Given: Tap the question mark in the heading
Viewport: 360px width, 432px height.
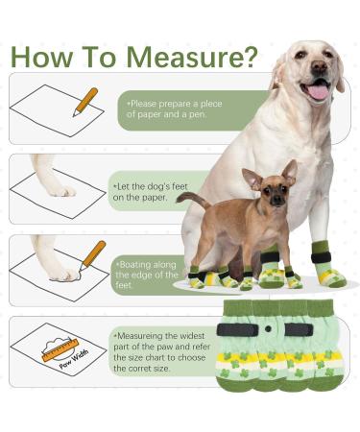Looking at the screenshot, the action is click(x=248, y=57).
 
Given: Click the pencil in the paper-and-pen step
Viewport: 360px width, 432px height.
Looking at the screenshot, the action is click(x=85, y=102).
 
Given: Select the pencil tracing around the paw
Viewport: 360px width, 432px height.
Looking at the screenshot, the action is click(x=92, y=255).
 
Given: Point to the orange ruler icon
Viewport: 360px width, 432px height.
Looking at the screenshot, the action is click(x=60, y=350).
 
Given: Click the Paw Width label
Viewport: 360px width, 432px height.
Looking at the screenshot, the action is click(x=74, y=360).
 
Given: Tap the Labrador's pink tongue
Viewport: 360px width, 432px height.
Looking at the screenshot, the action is click(x=318, y=92).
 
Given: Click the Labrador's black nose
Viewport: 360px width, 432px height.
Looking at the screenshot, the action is click(x=319, y=65).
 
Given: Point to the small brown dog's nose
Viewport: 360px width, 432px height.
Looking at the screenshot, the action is click(x=276, y=202).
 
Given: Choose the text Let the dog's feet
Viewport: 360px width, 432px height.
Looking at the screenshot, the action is click(x=151, y=186).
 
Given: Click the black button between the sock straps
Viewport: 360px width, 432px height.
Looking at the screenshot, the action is click(x=268, y=328).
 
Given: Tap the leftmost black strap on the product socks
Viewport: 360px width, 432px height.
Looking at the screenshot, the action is click(x=237, y=330).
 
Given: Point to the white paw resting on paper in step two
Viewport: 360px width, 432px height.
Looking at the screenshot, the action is click(x=55, y=177).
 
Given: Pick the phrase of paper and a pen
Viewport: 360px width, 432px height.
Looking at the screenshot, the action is click(x=166, y=114).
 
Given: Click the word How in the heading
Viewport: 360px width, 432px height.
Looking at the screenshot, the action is click(x=41, y=57).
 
